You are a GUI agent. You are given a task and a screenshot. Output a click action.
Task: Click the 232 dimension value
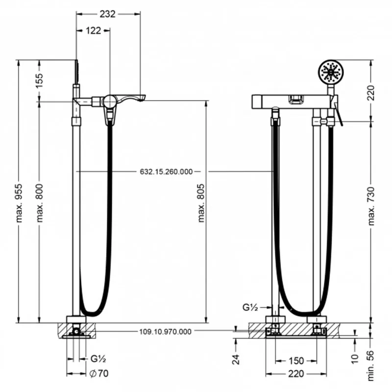pyautogui.click(x=108, y=14)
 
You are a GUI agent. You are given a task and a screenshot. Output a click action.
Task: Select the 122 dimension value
pyautogui.click(x=93, y=30)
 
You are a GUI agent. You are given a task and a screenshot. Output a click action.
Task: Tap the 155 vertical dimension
pyautogui.click(x=39, y=80)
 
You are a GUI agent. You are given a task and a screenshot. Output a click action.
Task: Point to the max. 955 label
pyautogui.click(x=19, y=203)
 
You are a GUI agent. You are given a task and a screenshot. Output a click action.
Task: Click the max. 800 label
pyautogui.click(x=40, y=203)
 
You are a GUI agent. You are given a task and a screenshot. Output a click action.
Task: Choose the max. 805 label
pyautogui.click(x=201, y=203)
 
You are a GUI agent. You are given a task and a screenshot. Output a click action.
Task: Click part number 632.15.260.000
pyautogui.click(x=166, y=172)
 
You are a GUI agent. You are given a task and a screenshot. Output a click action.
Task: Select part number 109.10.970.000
pyautogui.click(x=165, y=332)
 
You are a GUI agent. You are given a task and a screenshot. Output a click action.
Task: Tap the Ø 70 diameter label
pyautogui.click(x=99, y=373)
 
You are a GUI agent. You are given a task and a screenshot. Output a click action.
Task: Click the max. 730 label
pyautogui.click(x=371, y=206)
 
